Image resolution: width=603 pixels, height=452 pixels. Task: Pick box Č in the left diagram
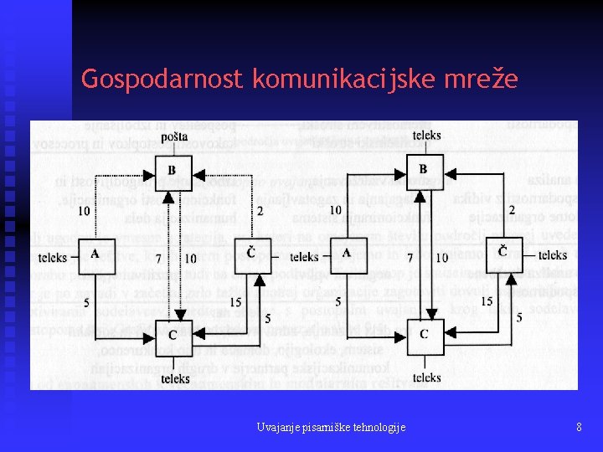tap(251, 254)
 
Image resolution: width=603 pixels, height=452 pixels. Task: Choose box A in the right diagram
tap(346, 255)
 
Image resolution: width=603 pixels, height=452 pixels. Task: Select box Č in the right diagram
tap(502, 254)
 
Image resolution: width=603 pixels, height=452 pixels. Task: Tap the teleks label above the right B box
tap(426, 136)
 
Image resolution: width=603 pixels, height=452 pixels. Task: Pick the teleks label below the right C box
tap(426, 378)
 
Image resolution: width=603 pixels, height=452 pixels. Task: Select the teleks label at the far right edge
tap(553, 255)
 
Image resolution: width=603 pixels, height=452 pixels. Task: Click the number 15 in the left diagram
tap(235, 301)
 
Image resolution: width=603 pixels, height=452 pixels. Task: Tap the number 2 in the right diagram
tap(512, 209)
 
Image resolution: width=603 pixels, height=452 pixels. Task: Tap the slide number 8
tap(579, 428)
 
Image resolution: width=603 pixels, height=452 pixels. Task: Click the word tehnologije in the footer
tap(373, 428)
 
